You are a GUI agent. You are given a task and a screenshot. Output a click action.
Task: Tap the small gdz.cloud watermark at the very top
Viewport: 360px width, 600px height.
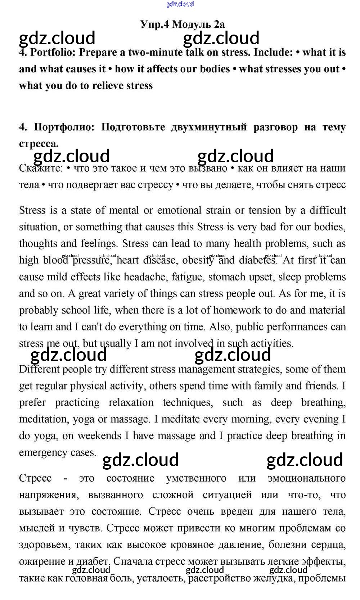[180, 4]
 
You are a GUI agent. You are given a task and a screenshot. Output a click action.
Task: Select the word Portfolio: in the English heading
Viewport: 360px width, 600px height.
[53, 53]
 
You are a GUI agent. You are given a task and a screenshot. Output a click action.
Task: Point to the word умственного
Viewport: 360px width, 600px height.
[196, 478]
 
